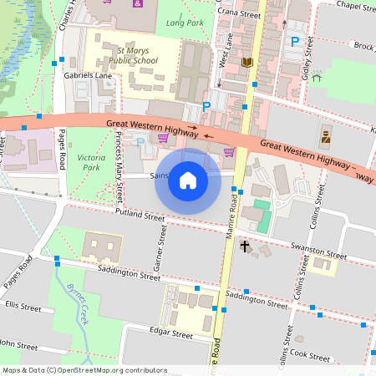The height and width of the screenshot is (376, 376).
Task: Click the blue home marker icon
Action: (188, 180)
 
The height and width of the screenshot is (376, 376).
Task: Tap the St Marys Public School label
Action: (134, 54)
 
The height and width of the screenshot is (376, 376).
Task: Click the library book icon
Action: (246, 63)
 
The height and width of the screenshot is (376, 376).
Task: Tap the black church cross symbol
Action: (246, 246)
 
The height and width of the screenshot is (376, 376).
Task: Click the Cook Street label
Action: (312, 355)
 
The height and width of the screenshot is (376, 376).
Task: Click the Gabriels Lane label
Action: (88, 75)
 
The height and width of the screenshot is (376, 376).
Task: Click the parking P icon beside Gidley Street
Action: (294, 41)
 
